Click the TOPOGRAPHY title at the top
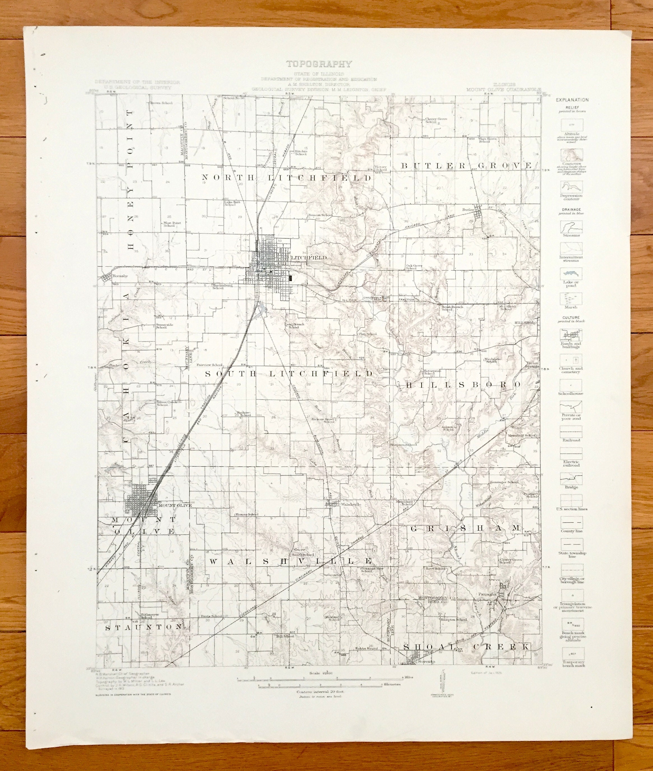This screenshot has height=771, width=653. [x=319, y=64]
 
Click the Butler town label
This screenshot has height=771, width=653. [x=468, y=210]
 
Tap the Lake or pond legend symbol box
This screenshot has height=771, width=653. [x=571, y=274]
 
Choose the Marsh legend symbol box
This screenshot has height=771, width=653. [x=571, y=298]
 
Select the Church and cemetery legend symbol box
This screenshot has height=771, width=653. [x=571, y=360]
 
